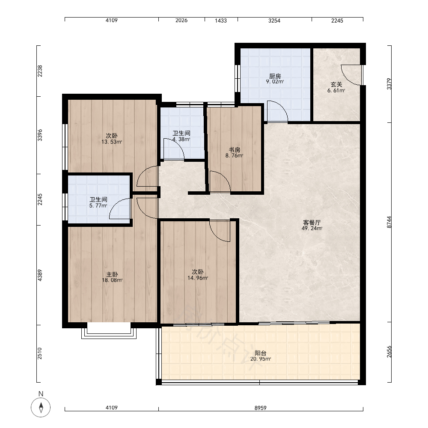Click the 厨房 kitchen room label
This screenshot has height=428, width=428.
[x=275, y=76]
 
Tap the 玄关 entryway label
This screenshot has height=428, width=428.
[x=336, y=85]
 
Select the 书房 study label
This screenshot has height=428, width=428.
[x=235, y=150]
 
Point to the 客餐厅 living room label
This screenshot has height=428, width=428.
[x=312, y=223]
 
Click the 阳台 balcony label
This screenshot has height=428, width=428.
[x=260, y=353]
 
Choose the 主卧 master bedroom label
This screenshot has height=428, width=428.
[x=112, y=274]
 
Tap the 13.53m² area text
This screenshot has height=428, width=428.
[x=112, y=142]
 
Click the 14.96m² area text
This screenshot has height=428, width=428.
[x=198, y=278]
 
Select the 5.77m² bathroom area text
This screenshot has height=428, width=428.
[x=98, y=205]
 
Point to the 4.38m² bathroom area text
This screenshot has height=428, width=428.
[x=181, y=139]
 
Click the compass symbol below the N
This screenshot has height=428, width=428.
[x=41, y=407]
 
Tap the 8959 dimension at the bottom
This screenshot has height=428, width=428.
[x=260, y=408]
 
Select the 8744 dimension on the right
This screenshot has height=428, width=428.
[x=389, y=222]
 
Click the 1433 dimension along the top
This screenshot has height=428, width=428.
[x=220, y=21]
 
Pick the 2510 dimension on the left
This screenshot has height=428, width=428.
[x=39, y=353]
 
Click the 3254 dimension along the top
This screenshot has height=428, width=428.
[x=274, y=21]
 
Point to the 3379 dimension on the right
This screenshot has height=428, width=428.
[x=389, y=84]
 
